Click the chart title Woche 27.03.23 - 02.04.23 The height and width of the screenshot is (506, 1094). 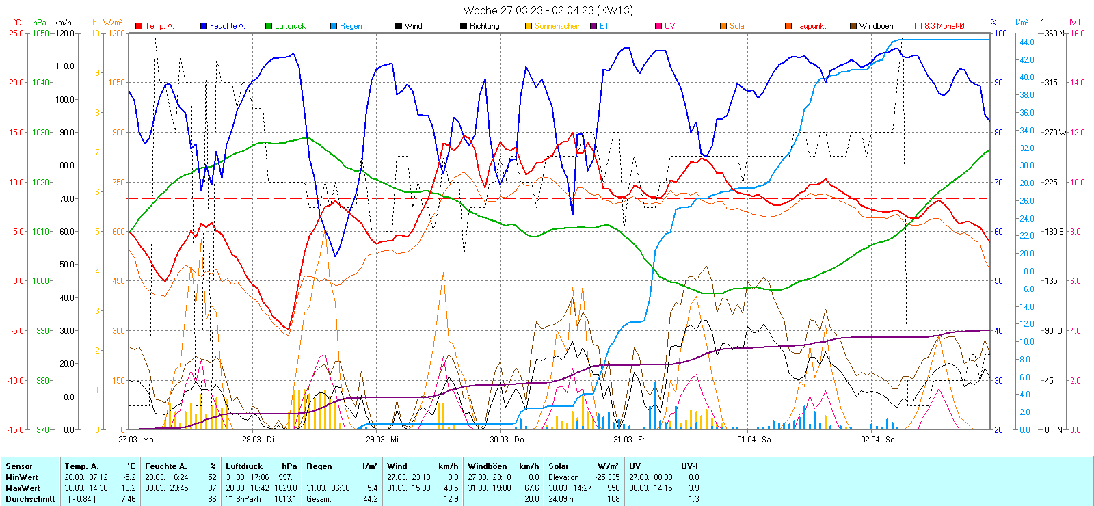point(548,10)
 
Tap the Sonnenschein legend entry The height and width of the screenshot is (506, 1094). point(557,26)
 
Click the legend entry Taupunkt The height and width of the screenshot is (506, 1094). point(810,26)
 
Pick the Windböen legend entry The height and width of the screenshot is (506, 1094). point(876,26)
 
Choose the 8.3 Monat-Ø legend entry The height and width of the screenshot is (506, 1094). point(944,26)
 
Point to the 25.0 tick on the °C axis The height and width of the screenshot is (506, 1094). point(16,33)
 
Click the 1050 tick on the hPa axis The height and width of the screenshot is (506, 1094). point(41,33)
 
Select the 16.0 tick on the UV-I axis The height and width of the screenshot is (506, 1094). point(1077,33)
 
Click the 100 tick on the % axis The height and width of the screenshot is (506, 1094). point(1000,33)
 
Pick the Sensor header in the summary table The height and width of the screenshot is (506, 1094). point(19,466)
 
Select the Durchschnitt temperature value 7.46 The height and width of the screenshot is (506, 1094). point(128,499)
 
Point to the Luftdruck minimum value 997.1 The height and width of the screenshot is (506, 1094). point(287,477)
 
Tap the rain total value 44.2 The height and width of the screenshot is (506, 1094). point(370,499)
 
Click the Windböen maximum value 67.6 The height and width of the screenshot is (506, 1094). point(531,488)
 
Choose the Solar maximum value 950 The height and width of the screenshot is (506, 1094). point(613,488)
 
